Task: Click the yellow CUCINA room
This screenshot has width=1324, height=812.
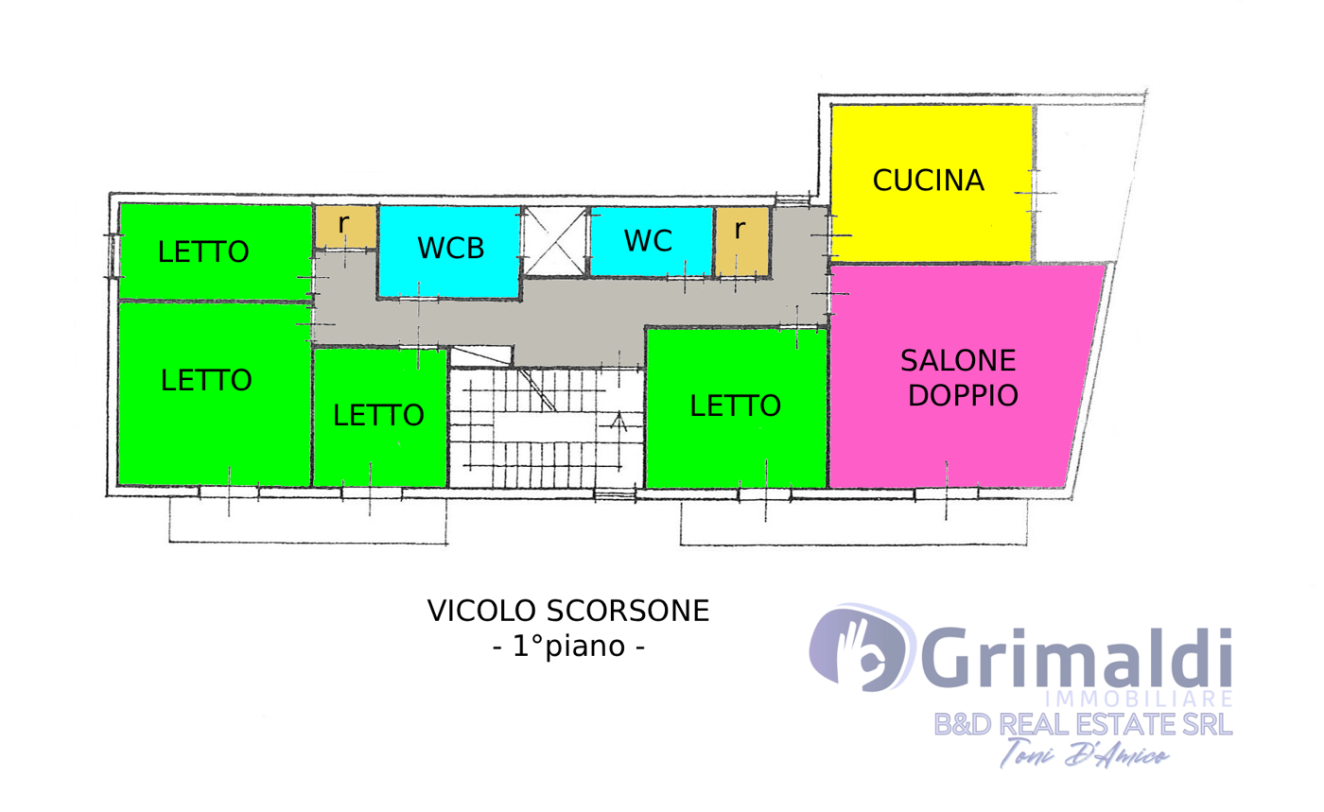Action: click(x=932, y=183)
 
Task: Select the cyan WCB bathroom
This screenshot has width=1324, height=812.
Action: click(x=449, y=251)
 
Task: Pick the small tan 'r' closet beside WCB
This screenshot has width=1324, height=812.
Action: click(x=345, y=227)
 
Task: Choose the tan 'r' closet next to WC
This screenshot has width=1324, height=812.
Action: click(x=742, y=241)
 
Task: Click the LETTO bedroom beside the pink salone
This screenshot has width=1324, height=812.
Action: click(x=736, y=407)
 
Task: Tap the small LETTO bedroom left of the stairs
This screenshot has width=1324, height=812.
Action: click(x=379, y=417)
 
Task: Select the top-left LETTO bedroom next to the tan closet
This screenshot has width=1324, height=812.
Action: click(x=216, y=251)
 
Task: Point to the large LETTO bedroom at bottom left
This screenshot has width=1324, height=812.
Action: click(x=215, y=394)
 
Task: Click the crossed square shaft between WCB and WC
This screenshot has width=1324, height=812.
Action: click(x=554, y=240)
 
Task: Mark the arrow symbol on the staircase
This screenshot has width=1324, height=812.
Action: click(x=618, y=423)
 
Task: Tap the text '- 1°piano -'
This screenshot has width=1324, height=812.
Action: click(x=568, y=646)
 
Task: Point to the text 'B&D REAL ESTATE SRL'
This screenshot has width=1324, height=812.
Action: click(x=1083, y=724)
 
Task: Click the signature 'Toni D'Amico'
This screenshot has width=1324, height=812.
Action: click(x=1084, y=753)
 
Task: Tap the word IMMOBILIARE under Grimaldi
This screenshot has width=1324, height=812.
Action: click(x=1139, y=700)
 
